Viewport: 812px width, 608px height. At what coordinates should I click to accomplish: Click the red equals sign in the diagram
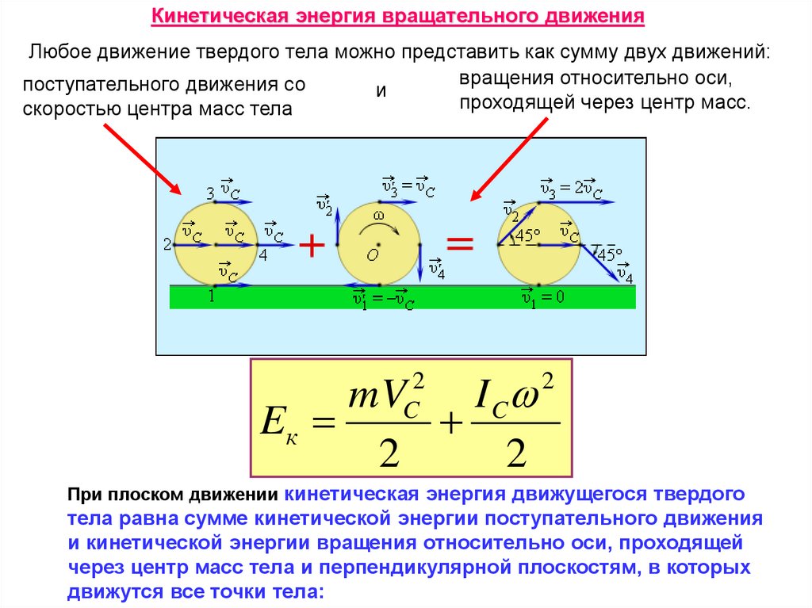point(460,243)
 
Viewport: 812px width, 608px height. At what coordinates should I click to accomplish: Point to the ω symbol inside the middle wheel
point(378,215)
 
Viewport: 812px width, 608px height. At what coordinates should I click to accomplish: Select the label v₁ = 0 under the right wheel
point(542,297)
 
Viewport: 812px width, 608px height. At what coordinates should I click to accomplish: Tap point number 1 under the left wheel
point(212,296)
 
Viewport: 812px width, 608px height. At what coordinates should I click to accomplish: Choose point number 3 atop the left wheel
point(210,193)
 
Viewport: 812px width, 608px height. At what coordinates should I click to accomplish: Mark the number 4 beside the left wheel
point(263,256)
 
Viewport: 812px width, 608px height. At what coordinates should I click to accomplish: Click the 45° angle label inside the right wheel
point(528,235)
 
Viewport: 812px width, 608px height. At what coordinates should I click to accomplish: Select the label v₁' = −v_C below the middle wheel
point(383,299)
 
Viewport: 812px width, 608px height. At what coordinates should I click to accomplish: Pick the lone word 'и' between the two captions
point(381,90)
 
